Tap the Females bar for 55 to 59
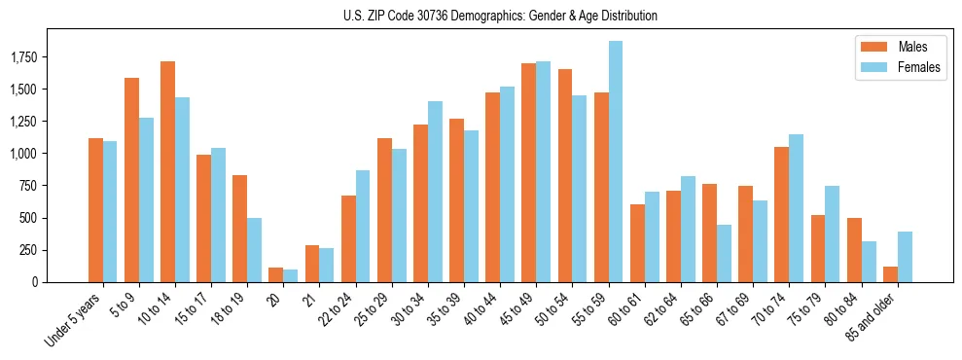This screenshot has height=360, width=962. (x=616, y=162)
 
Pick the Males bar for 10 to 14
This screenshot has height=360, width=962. (x=167, y=172)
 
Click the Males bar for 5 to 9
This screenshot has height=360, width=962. (x=131, y=180)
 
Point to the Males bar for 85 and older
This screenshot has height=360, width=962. (x=890, y=274)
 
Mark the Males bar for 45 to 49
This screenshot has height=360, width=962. (x=528, y=173)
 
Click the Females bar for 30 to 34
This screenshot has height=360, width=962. (x=435, y=192)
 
